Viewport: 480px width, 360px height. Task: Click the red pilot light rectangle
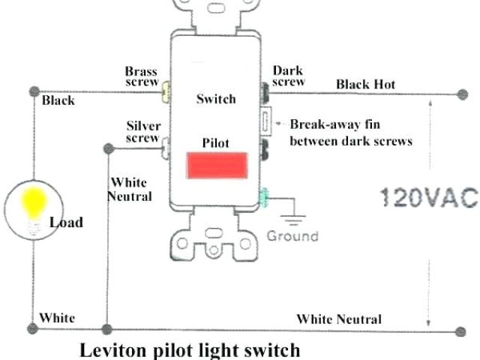pos(217,166)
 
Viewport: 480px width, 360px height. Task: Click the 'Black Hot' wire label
pos(365,84)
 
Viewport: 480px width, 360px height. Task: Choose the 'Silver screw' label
pos(142,132)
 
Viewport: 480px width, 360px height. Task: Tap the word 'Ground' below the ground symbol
pos(292,235)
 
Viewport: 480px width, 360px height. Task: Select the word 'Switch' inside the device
pos(216,99)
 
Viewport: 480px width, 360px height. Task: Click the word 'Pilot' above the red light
pos(215,142)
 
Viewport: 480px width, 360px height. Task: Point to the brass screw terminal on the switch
pos(165,93)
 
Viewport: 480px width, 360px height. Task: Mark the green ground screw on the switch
pos(265,198)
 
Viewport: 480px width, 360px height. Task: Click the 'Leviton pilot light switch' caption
pos(190,349)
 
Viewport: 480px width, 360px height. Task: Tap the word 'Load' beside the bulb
pos(66,222)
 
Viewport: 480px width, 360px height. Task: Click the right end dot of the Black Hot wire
pos(458,94)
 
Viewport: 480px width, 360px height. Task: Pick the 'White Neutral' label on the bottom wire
pos(338,319)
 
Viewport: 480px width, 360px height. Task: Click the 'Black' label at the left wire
pos(58,100)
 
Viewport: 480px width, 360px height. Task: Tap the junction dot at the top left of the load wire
pos(33,91)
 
